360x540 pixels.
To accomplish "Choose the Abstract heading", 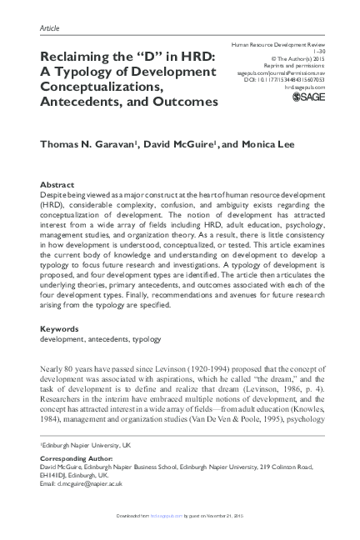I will tap(60, 183).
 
